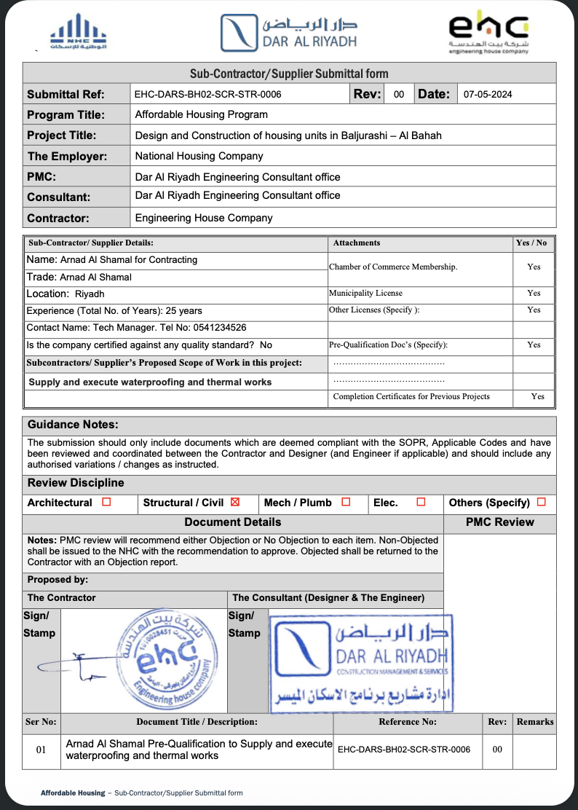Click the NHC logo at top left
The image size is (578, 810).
(79, 32)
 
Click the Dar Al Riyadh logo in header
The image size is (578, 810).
(289, 33)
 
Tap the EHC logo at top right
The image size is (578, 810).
(488, 33)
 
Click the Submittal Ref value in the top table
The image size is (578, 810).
(208, 94)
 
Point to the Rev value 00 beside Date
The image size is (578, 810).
(399, 94)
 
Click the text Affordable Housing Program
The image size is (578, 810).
(202, 114)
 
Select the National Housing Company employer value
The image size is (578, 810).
(199, 156)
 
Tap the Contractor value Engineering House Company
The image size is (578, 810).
(204, 218)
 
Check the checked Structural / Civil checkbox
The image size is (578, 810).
(234, 502)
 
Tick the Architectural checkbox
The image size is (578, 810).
(106, 502)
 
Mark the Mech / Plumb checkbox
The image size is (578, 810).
(346, 502)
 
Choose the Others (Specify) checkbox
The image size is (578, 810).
(541, 502)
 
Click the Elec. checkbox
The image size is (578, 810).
(421, 502)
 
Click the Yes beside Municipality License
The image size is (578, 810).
(534, 293)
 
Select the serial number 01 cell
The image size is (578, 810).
(41, 750)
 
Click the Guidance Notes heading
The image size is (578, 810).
(73, 425)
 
